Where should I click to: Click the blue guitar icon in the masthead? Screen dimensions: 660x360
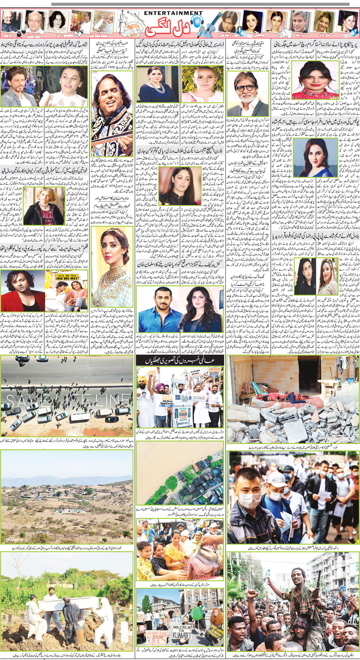coord(208,22)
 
